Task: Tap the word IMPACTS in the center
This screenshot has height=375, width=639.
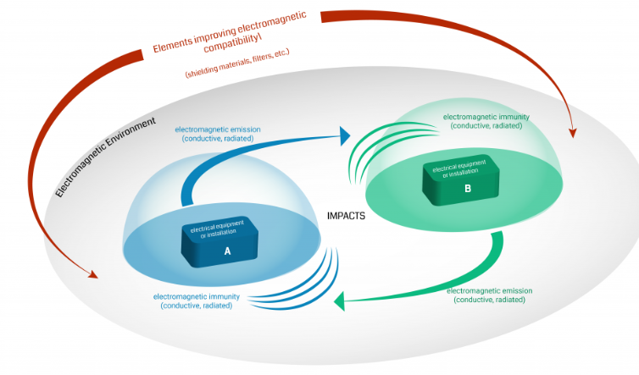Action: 346,216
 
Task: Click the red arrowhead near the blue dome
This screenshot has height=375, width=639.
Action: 92,274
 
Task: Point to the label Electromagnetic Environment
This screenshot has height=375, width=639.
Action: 106,157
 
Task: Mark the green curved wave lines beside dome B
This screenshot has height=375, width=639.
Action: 371,149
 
